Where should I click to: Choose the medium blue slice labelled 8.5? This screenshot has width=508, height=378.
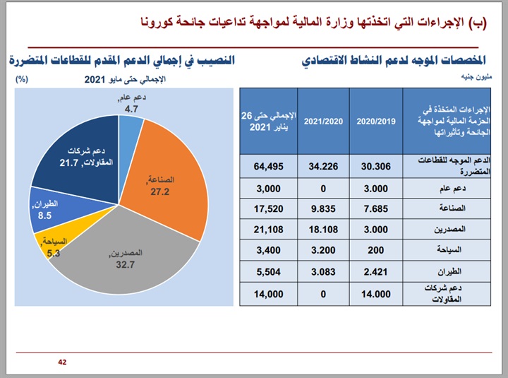coord(49,211)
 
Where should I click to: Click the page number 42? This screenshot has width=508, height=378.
coord(62,362)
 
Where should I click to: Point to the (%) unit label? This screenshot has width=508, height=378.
coord(21,79)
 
